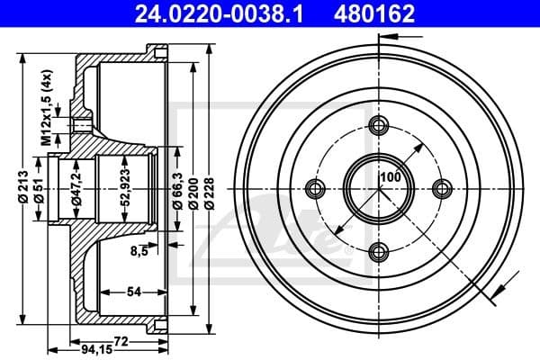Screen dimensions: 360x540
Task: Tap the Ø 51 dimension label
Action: [40, 188]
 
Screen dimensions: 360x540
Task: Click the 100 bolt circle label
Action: [389, 177]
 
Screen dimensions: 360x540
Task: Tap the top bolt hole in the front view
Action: [378, 125]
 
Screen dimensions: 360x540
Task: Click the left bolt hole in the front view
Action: [315, 188]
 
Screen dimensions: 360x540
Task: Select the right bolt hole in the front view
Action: [441, 188]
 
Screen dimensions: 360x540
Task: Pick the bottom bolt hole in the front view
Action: [378, 251]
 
